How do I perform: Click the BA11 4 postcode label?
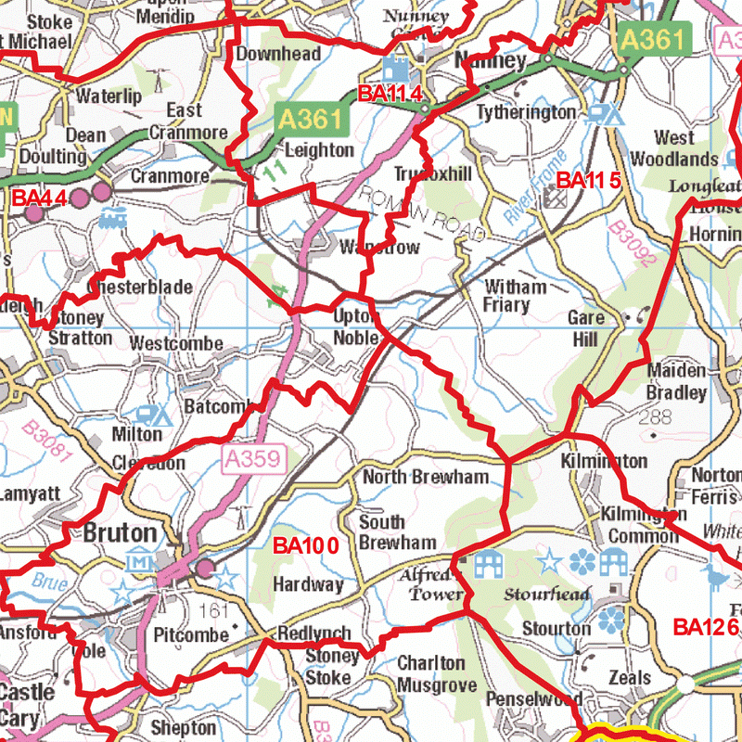point(390,93)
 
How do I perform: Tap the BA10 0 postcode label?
point(305,545)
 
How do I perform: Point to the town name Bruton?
point(120,533)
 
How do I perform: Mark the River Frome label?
point(534,188)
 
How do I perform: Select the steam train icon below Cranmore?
point(112,218)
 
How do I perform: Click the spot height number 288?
point(660,417)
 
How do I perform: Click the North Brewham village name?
point(425,477)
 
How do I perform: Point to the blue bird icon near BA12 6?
point(716,579)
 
